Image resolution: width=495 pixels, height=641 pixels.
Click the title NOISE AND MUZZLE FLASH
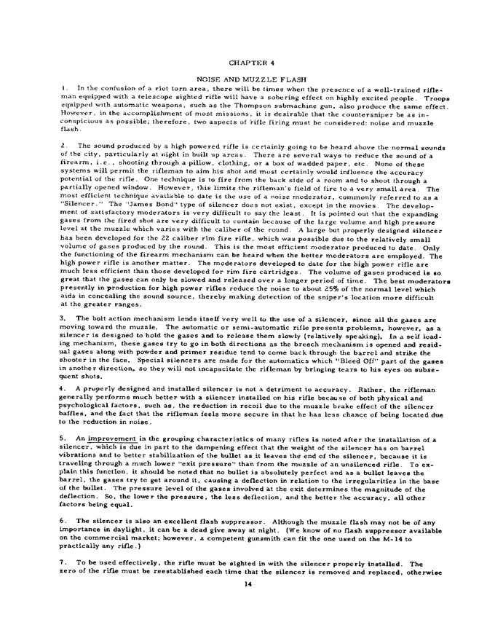(x=248, y=78)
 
